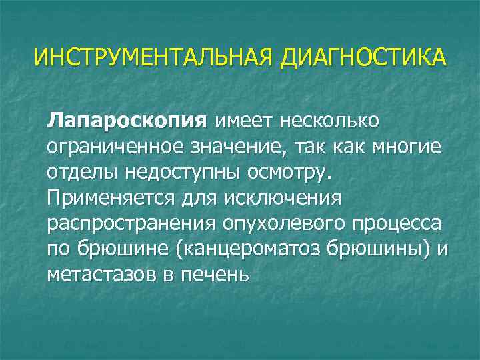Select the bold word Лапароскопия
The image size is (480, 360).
[x=124, y=122]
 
